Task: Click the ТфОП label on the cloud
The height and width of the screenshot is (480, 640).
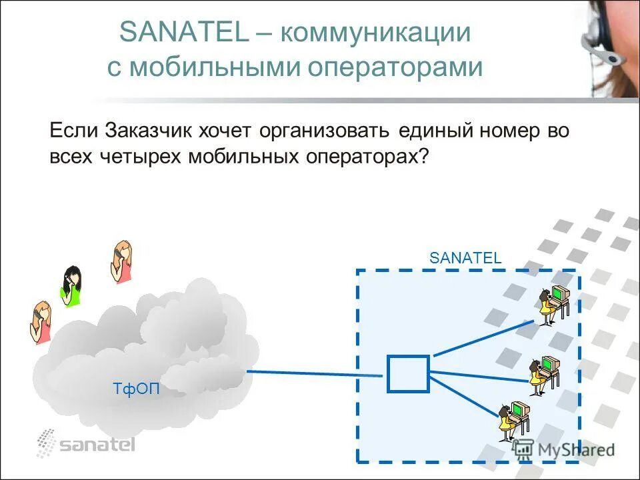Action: (136, 389)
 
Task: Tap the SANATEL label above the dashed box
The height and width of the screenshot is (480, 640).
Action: (465, 258)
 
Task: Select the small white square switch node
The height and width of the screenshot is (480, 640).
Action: (408, 374)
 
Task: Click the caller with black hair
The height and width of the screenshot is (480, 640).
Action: (71, 285)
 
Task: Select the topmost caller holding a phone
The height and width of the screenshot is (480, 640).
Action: (121, 261)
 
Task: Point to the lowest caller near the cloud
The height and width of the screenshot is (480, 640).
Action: (41, 322)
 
